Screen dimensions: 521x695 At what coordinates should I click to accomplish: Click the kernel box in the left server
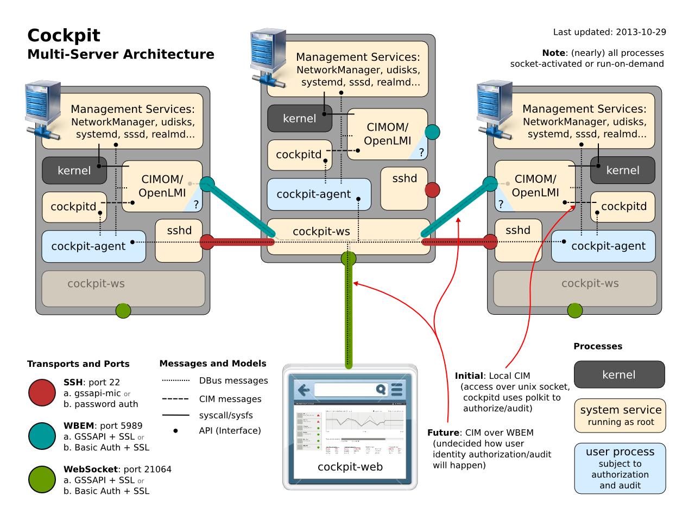pyautogui.click(x=74, y=170)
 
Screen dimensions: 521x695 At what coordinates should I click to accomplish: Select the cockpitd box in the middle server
pyautogui.click(x=299, y=155)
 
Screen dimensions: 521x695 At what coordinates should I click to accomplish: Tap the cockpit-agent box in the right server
pyautogui.click(x=608, y=246)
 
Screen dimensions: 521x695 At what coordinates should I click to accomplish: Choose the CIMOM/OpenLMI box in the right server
pyautogui.click(x=535, y=186)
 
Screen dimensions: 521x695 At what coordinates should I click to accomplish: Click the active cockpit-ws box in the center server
pyautogui.click(x=321, y=232)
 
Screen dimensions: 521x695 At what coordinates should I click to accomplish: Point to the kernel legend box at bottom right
pyautogui.click(x=619, y=374)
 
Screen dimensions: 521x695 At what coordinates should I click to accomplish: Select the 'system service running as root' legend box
pyautogui.click(x=620, y=416)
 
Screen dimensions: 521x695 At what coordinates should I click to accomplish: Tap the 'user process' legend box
pyautogui.click(x=620, y=468)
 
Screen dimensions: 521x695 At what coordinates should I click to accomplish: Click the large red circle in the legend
pyautogui.click(x=42, y=393)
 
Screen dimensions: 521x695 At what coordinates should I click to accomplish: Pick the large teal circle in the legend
pyautogui.click(x=42, y=436)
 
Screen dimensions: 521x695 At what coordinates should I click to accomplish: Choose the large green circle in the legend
pyautogui.click(x=42, y=480)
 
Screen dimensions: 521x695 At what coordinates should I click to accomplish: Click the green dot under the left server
pyautogui.click(x=123, y=310)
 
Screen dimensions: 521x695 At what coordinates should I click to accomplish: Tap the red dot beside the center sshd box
pyautogui.click(x=432, y=190)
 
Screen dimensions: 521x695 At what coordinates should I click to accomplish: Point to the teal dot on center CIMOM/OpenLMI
pyautogui.click(x=432, y=132)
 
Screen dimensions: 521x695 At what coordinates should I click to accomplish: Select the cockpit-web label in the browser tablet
pyautogui.click(x=350, y=467)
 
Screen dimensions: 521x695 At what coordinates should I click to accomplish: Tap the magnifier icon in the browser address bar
pyautogui.click(x=381, y=389)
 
